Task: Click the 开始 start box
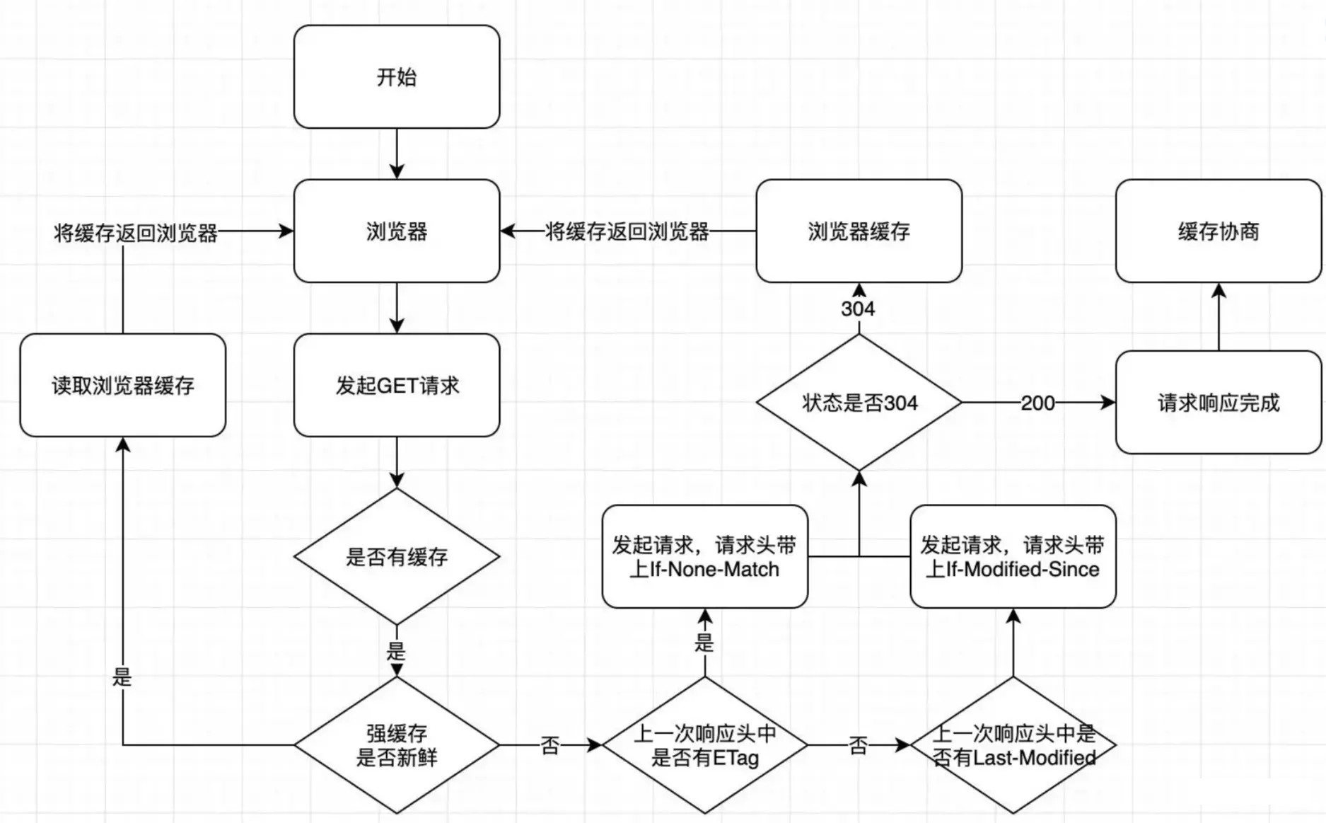point(397,76)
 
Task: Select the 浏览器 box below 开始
point(397,231)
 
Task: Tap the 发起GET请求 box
point(397,385)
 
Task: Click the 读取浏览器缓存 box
point(122,385)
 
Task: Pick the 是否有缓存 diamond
point(397,556)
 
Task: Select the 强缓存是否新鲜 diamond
point(397,745)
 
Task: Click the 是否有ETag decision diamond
point(704,745)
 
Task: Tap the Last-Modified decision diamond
point(1013,745)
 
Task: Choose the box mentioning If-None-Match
point(704,556)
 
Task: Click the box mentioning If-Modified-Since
point(1013,556)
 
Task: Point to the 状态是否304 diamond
point(859,403)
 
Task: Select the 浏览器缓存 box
point(859,231)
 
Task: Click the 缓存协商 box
point(1218,231)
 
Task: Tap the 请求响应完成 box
point(1218,403)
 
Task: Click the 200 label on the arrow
point(1037,403)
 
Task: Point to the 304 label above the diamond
point(858,309)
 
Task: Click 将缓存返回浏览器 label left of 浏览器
point(136,233)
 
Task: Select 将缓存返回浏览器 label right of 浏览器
point(627,231)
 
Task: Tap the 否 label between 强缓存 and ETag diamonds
point(550,745)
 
